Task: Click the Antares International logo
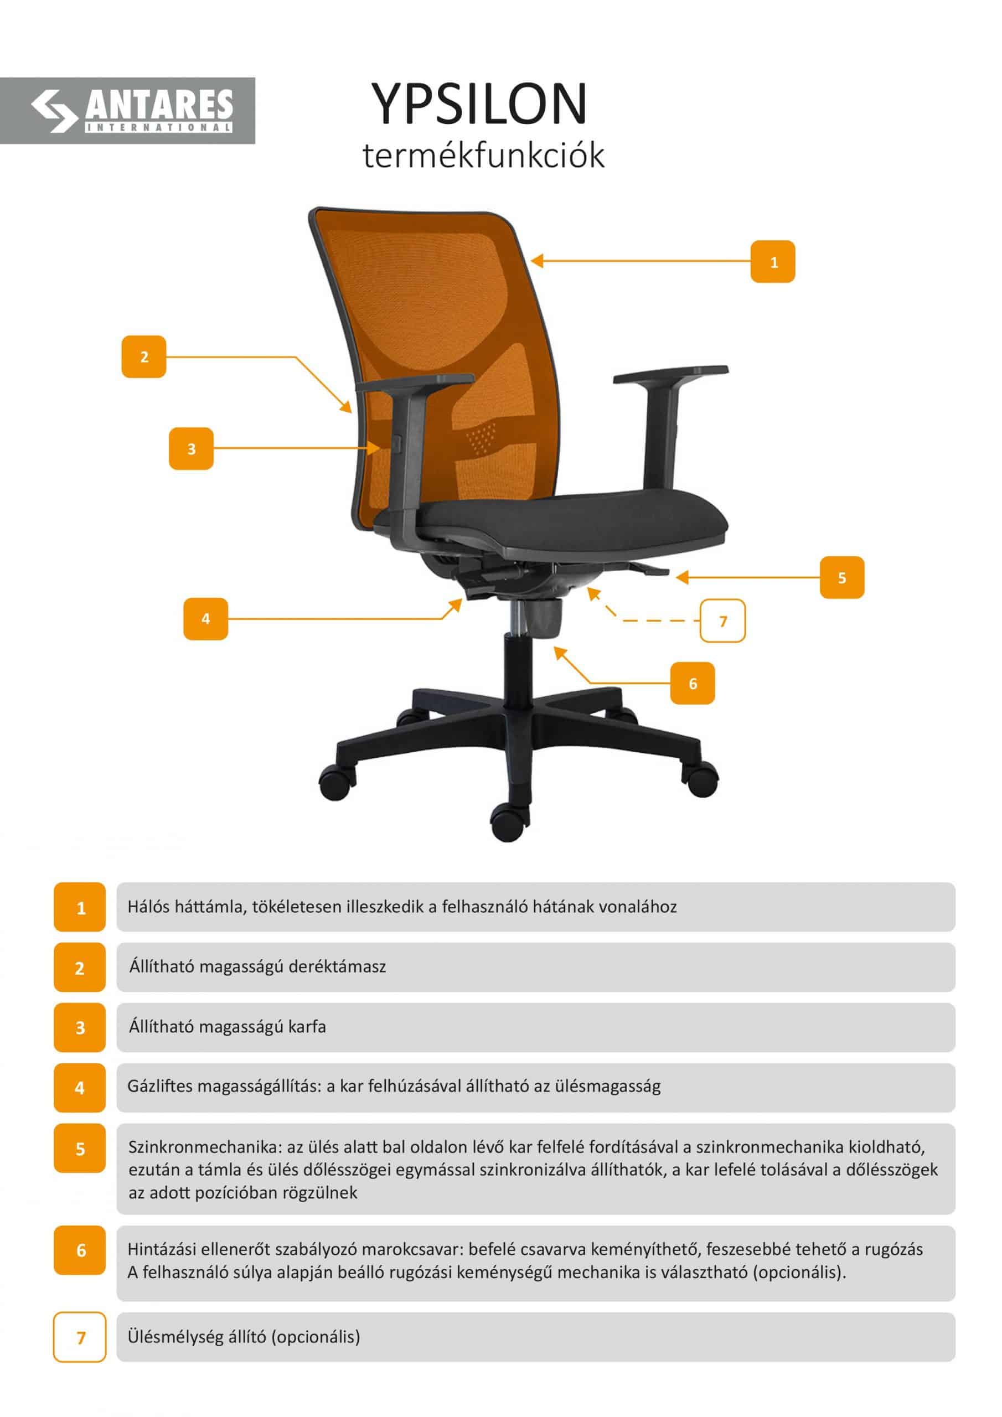click(132, 111)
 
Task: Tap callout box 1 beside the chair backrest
click(772, 262)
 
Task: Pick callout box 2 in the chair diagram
click(144, 356)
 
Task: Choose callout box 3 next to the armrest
click(192, 449)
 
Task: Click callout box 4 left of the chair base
click(205, 618)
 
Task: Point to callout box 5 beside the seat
click(842, 578)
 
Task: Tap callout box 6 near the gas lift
click(693, 683)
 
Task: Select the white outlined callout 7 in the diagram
click(723, 620)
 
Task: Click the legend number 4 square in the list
click(80, 1088)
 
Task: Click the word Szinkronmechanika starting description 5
click(204, 1147)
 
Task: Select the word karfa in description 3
click(307, 1027)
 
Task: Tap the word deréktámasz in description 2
click(337, 966)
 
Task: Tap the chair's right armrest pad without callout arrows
click(671, 375)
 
